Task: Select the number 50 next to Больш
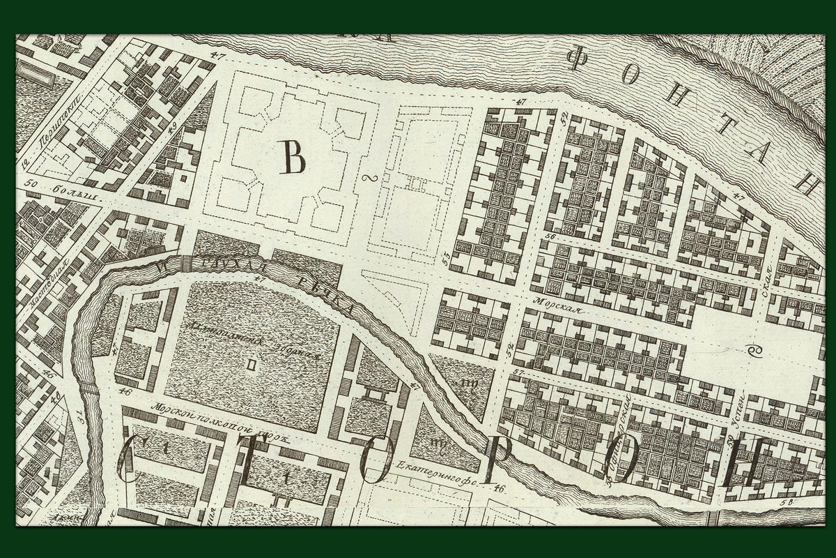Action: [x=29, y=183]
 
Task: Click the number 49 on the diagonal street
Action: [x=171, y=126]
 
